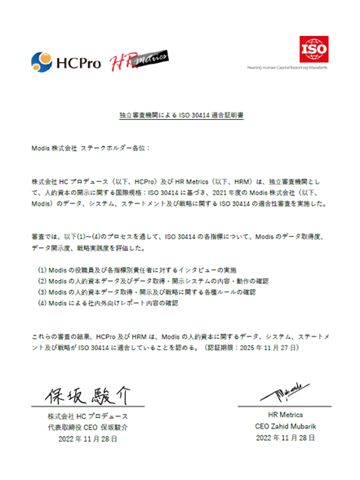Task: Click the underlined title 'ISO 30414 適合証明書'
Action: [x=179, y=117]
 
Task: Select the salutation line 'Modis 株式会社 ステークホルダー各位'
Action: [x=91, y=150]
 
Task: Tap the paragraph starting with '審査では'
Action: [x=179, y=236]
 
